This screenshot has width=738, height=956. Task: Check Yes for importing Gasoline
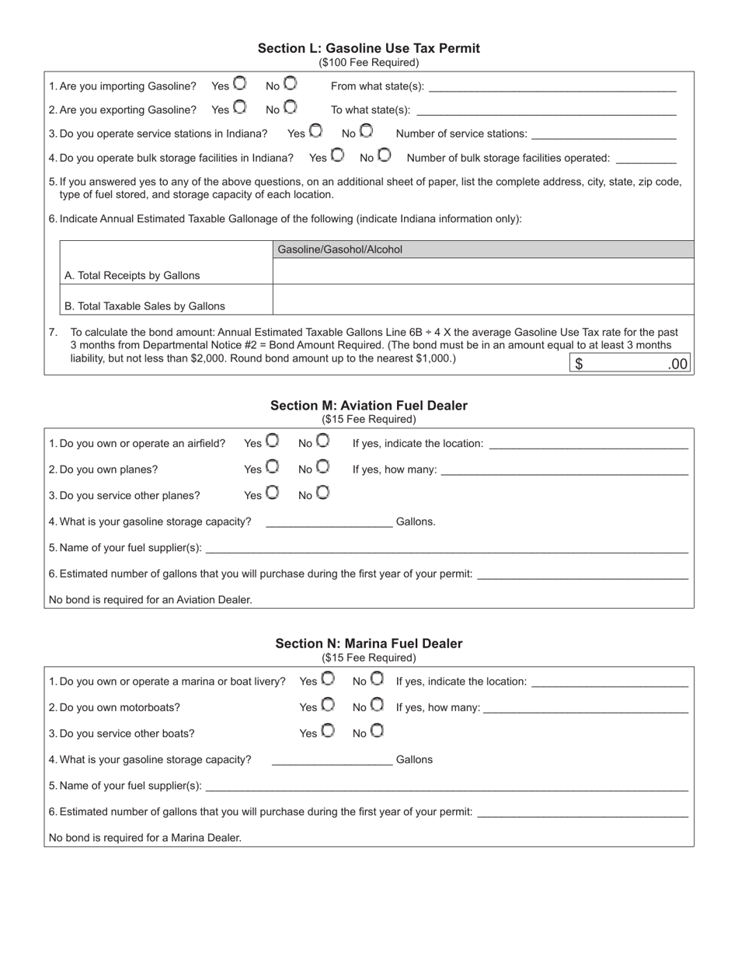(x=240, y=83)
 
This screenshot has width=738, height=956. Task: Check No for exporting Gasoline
(x=290, y=106)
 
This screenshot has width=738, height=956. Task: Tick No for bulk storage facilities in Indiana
(x=385, y=155)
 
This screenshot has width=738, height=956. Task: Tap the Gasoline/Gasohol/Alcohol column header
(x=483, y=249)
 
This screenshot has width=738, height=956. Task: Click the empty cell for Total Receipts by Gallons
(x=483, y=271)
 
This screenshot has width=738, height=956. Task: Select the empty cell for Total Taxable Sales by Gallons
(x=483, y=299)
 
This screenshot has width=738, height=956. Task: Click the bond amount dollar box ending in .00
(x=630, y=364)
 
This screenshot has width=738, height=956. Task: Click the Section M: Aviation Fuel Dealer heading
(x=369, y=406)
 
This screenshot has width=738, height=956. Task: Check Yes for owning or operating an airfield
(x=272, y=441)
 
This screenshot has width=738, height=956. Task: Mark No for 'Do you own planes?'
(x=322, y=467)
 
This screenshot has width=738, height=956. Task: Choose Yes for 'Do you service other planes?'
(x=272, y=493)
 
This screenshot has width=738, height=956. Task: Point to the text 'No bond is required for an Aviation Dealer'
(x=151, y=600)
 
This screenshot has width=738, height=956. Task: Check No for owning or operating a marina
(x=377, y=679)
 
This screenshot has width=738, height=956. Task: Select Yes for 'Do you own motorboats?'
(x=328, y=705)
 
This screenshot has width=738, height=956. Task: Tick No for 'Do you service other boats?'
(x=377, y=731)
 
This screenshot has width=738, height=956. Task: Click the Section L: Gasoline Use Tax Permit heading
(x=369, y=48)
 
